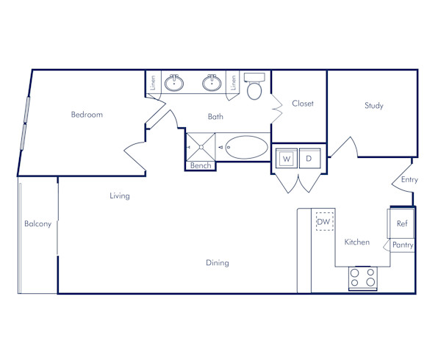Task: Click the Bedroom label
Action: pos(87,115)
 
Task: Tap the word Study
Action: pos(373,106)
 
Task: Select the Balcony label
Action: pos(37,224)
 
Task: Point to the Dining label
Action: pos(217,262)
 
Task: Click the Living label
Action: pos(120,196)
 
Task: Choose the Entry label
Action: pos(409,179)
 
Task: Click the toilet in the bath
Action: pos(254,88)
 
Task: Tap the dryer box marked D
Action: pos(309,158)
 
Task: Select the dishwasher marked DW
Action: pos(324,221)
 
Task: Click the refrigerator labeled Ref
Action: pos(401,223)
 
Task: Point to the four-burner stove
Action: pos(362,278)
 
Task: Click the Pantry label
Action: pos(402,245)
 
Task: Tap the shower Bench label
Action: pos(201,166)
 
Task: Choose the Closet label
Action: pos(303,104)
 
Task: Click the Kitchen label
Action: pos(357,242)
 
